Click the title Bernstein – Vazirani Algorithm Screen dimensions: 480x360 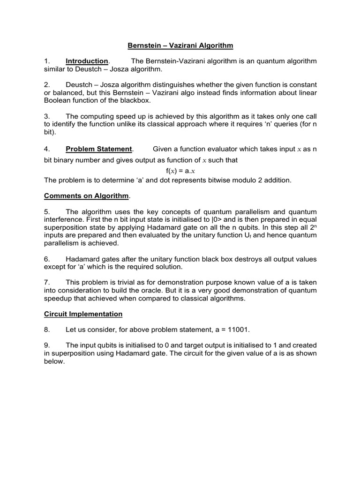pos(180,45)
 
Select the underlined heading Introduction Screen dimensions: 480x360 pos(87,61)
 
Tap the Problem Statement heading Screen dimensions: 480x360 pos(99,149)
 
